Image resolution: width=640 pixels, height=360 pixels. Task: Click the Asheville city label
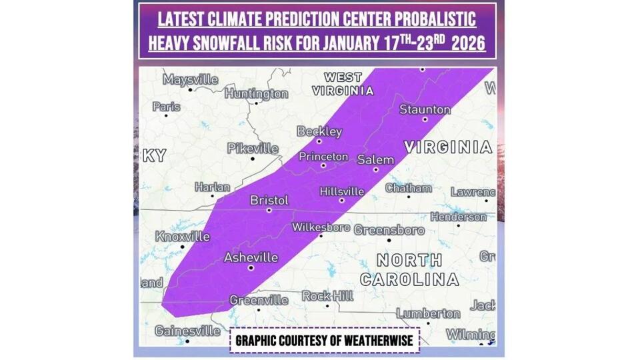251,257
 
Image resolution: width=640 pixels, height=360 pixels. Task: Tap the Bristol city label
269,200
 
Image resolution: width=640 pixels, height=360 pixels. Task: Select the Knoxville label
182,237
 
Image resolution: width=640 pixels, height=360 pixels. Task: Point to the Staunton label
425,109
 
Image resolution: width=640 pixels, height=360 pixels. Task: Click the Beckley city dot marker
319,141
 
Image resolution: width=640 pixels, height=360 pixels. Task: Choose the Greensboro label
389,230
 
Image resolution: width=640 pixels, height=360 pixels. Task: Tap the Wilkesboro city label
321,227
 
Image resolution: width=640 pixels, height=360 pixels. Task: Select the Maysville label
191,80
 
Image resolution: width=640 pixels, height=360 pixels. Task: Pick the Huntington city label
256,94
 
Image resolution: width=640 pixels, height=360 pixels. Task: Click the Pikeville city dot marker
253,158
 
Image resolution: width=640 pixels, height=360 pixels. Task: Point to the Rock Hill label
326,295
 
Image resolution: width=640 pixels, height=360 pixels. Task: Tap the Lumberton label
427,313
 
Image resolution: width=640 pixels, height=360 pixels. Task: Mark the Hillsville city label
341,191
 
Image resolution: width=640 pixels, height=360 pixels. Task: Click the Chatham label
408,188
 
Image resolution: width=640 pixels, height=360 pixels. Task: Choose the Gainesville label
187,331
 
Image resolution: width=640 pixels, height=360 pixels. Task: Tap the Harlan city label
212,187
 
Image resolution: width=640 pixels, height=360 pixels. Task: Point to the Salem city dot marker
376,169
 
